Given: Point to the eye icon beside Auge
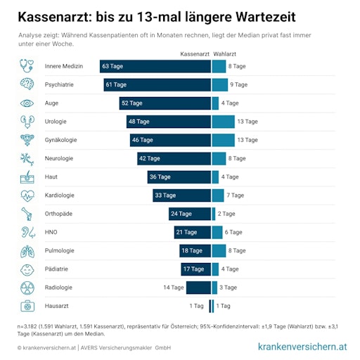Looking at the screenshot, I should click(x=27, y=103).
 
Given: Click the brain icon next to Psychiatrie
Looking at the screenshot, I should click(x=27, y=84).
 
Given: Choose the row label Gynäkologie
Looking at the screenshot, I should click(x=60, y=140).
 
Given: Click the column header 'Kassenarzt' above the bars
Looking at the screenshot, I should click(x=195, y=53).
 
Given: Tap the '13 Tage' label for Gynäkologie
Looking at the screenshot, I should click(x=247, y=140).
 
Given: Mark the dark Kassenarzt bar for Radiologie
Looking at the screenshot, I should click(x=198, y=287).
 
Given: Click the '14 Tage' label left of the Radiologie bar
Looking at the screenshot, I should click(x=174, y=287).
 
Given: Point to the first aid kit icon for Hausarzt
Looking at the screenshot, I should click(x=27, y=306).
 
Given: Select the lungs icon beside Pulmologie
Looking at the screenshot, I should click(x=27, y=250).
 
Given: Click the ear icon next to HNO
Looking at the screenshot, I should click(x=27, y=232).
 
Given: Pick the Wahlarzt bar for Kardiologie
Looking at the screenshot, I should click(x=218, y=195).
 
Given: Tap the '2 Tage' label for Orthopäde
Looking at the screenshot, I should click(x=226, y=214).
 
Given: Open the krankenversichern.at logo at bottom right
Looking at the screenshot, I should click(x=302, y=347).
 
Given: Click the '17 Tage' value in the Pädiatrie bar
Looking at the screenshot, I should click(x=193, y=269).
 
